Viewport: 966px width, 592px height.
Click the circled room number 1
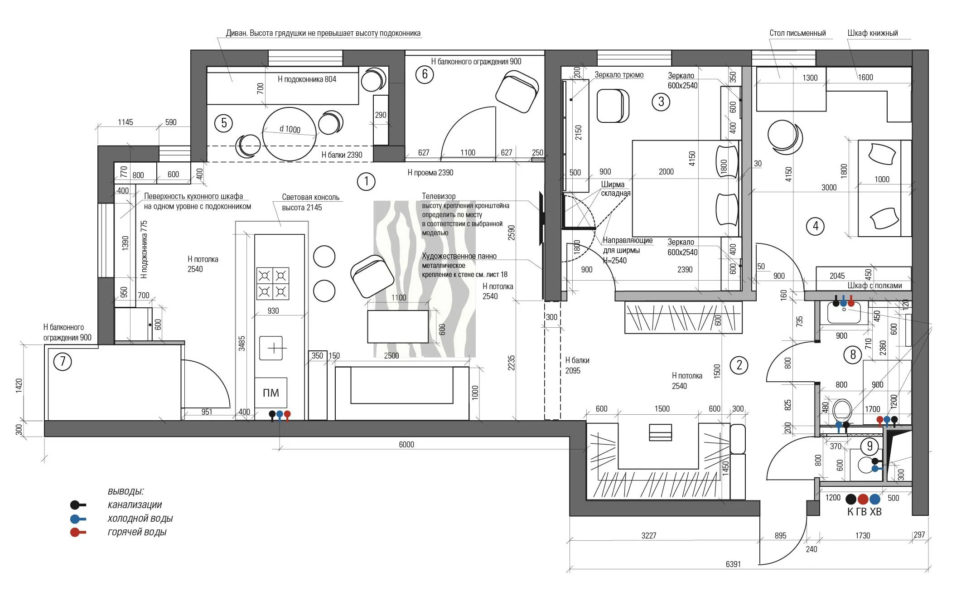(366, 182)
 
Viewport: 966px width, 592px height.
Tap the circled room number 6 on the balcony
(425, 74)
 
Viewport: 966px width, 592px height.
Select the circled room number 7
(63, 362)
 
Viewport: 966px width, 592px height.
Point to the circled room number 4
(816, 226)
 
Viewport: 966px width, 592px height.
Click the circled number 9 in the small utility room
(869, 446)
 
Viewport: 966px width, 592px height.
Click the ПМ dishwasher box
(271, 393)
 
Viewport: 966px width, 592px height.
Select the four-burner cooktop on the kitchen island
(273, 283)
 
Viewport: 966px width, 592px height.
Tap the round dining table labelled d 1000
(289, 134)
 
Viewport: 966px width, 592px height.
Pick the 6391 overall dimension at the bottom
(733, 564)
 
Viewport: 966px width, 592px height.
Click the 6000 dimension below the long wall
(406, 444)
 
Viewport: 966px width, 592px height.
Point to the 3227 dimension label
(649, 535)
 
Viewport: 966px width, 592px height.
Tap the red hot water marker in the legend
(78, 532)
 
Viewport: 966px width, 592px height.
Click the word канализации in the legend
(135, 505)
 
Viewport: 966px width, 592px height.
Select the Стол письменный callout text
(797, 33)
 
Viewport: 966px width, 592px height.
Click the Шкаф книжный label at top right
(873, 33)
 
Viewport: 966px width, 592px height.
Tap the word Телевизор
(439, 196)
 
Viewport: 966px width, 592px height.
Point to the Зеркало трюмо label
(619, 75)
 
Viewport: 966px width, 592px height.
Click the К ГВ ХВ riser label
(865, 512)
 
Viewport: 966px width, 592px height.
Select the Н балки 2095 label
(577, 365)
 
